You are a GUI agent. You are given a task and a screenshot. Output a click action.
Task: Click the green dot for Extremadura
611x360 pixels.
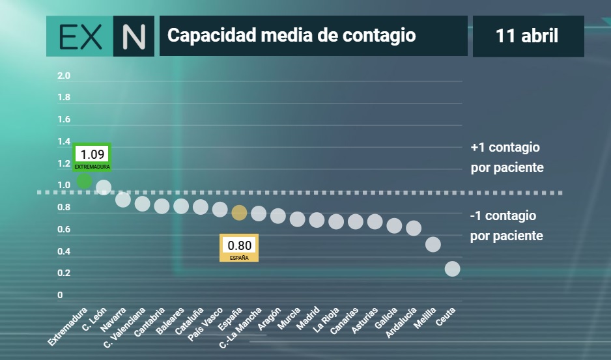(84, 181)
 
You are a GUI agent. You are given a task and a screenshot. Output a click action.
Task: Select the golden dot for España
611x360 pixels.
(239, 213)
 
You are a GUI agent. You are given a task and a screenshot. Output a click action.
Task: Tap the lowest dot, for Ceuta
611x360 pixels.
(453, 269)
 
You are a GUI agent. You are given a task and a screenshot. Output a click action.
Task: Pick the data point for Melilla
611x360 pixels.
(433, 245)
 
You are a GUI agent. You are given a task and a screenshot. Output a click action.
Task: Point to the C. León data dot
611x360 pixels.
(104, 187)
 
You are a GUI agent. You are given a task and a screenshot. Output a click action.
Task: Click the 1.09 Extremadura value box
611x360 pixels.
(92, 157)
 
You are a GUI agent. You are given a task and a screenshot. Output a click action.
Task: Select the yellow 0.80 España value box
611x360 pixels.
(239, 248)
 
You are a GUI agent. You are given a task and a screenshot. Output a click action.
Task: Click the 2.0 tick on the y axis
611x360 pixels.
(64, 76)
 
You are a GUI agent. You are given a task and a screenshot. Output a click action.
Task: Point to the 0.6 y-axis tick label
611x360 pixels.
(64, 229)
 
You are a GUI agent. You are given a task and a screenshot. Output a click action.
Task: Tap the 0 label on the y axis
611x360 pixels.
(60, 295)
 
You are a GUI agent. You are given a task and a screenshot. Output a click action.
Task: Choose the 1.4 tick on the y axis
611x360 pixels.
(64, 141)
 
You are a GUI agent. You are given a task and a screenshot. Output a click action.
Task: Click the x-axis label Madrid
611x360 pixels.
(308, 318)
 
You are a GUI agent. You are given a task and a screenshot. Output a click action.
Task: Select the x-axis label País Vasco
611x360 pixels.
(205, 324)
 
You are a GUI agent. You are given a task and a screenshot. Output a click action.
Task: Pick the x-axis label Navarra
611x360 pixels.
(113, 320)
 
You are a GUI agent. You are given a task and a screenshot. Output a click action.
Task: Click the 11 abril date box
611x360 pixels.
(528, 36)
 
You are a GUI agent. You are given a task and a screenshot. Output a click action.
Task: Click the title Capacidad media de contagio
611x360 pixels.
(291, 35)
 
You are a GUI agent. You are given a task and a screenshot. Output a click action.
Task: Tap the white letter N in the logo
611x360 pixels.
(134, 36)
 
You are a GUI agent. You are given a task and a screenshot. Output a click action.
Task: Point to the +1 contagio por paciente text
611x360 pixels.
(507, 158)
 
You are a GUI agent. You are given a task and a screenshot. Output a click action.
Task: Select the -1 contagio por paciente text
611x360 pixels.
(507, 226)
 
